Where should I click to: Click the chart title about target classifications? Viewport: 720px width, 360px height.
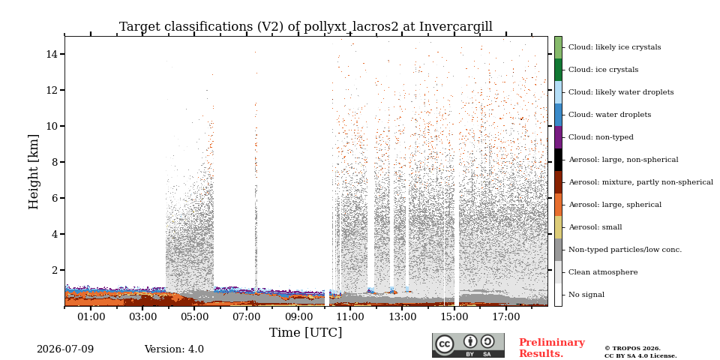pyautogui.click(x=306, y=27)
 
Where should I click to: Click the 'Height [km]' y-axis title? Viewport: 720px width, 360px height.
pyautogui.click(x=34, y=172)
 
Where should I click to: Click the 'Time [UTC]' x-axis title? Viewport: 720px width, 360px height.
pyautogui.click(x=306, y=332)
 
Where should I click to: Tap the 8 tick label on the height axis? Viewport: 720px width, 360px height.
pyautogui.click(x=54, y=162)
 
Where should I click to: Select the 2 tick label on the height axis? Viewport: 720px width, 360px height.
pyautogui.click(x=54, y=270)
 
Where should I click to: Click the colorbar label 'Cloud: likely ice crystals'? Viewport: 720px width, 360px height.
pyautogui.click(x=615, y=46)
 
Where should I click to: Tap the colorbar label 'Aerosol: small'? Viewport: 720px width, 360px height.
pyautogui.click(x=595, y=226)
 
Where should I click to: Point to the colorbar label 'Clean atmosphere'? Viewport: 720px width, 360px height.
pyautogui.click(x=603, y=272)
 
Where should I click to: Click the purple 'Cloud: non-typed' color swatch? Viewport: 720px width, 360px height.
pyautogui.click(x=558, y=137)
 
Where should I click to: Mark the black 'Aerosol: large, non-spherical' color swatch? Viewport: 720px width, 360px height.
pyautogui.click(x=558, y=160)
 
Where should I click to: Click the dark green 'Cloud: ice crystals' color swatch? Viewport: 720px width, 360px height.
pyautogui.click(x=558, y=70)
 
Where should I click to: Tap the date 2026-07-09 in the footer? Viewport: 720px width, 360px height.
pyautogui.click(x=65, y=349)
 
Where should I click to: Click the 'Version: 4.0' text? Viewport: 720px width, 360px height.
pyautogui.click(x=174, y=349)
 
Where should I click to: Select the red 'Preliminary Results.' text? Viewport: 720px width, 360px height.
pyautogui.click(x=552, y=348)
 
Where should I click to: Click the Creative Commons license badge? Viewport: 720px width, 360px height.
pyautogui.click(x=468, y=345)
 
